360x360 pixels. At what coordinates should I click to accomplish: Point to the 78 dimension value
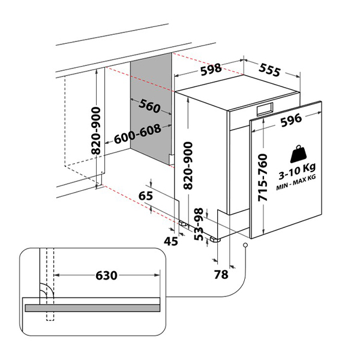[x=221, y=274]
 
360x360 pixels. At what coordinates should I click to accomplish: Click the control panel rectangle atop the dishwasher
[x=265, y=109]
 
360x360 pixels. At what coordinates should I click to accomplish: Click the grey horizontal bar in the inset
[x=92, y=307]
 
